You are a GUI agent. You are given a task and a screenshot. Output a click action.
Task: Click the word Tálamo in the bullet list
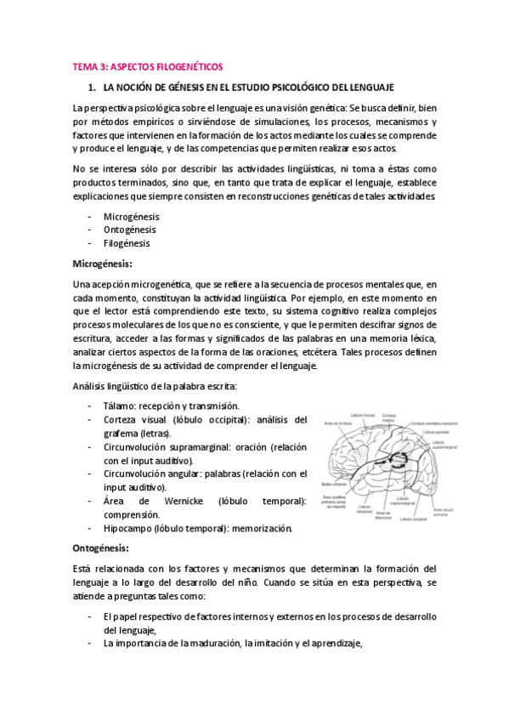(x=118, y=406)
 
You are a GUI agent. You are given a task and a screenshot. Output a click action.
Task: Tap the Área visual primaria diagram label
(x=446, y=512)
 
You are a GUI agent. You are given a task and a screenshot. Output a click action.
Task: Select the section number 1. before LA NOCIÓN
(x=93, y=88)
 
